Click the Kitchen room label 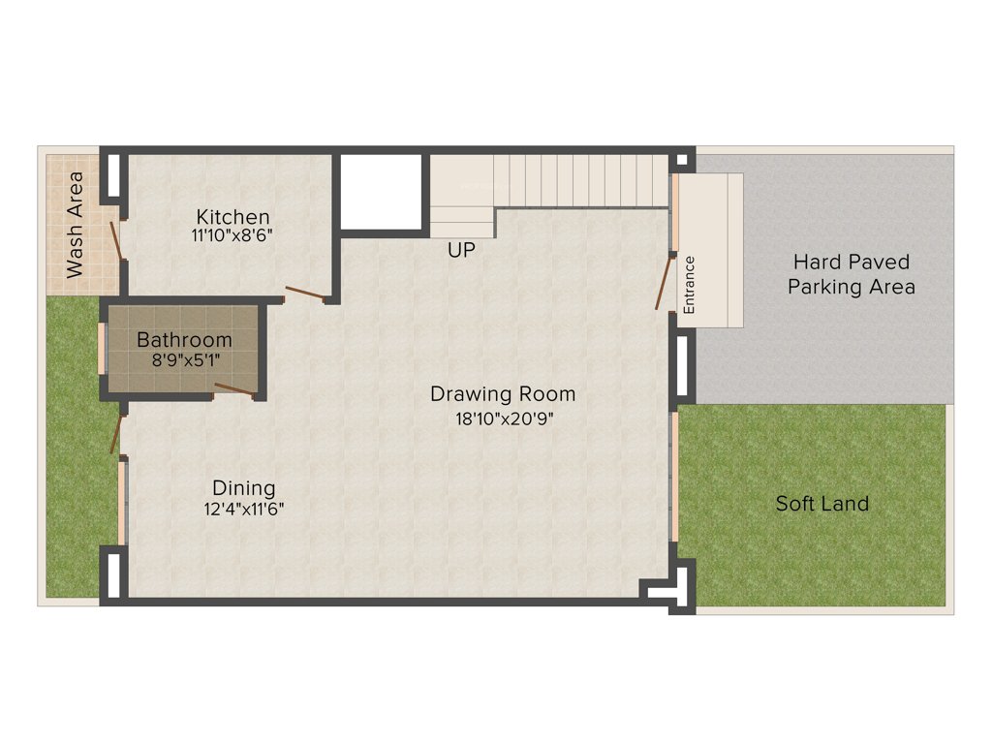pos(232,216)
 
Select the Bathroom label pos(184,340)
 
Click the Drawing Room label pos(503,394)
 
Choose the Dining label pos(244,488)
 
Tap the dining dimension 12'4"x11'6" pos(244,508)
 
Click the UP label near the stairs pos(461,250)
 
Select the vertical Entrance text pos(690,284)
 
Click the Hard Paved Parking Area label pos(851,274)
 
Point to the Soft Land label pos(821,504)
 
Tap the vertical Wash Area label pos(75,225)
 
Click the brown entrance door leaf pos(664,283)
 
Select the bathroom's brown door pos(233,389)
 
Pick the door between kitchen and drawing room pos(304,294)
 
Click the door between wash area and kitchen pos(116,240)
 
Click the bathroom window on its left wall pos(101,346)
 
